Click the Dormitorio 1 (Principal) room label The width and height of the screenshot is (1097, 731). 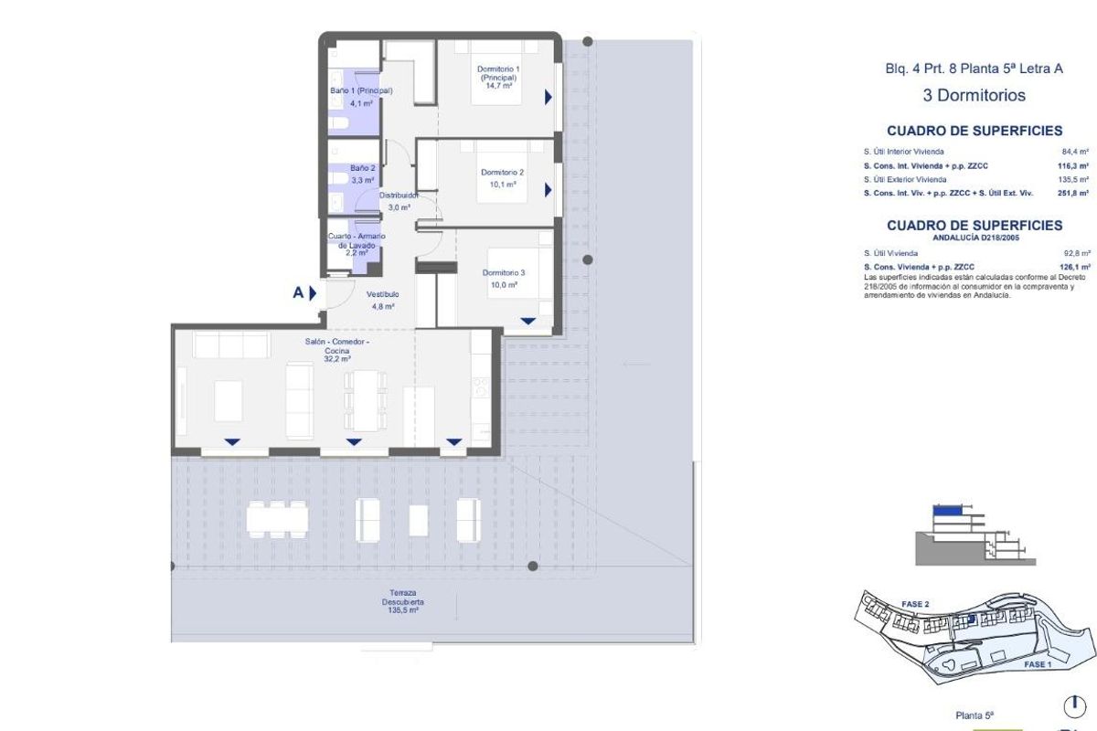tap(498, 74)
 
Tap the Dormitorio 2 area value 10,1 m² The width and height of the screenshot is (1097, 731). tap(502, 185)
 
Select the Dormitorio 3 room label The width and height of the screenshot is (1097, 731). tap(504, 272)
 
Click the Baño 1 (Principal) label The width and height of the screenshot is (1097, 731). tap(361, 91)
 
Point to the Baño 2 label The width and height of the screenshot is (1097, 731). tap(363, 168)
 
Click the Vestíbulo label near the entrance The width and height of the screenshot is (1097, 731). tap(382, 294)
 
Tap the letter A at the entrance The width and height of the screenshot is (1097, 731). tap(298, 293)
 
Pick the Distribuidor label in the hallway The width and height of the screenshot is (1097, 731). tap(399, 196)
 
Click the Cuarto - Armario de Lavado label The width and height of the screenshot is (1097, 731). tap(357, 241)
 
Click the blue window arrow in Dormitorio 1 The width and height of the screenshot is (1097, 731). tap(548, 96)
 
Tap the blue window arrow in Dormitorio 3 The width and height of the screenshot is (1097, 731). tap(528, 321)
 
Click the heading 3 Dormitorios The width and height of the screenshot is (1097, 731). tap(974, 95)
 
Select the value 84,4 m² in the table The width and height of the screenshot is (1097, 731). tap(1075, 152)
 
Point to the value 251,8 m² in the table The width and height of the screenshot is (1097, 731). tap(1074, 193)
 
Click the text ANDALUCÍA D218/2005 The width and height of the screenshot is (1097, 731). tap(974, 238)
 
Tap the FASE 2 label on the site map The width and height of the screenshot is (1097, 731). tap(915, 604)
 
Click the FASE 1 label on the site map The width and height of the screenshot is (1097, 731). tap(1038, 664)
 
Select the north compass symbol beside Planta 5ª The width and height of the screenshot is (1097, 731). tap(1074, 707)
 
